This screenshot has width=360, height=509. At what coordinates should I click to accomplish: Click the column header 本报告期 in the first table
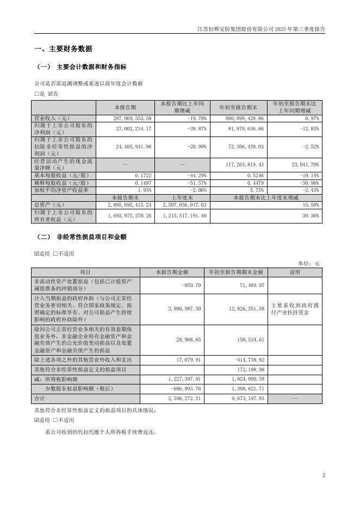click(x=125, y=107)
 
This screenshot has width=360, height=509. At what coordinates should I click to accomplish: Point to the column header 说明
click(x=294, y=272)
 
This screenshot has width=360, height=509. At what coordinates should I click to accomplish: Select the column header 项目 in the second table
click(x=86, y=272)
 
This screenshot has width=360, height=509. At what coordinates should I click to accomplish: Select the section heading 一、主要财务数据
click(x=63, y=48)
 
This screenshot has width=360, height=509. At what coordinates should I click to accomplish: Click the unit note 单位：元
click(x=309, y=263)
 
